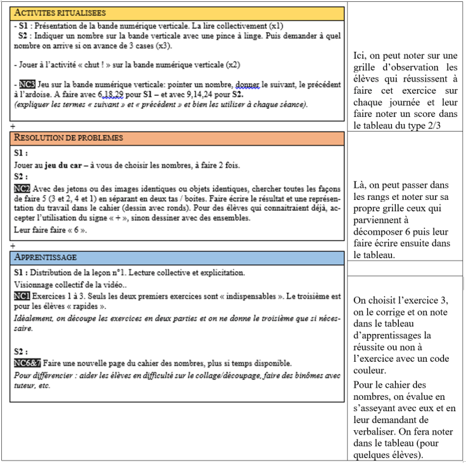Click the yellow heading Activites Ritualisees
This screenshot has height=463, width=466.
pyautogui.click(x=60, y=13)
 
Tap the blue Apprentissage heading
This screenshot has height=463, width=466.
pyautogui.click(x=46, y=257)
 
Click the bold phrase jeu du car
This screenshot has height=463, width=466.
pyautogui.click(x=65, y=165)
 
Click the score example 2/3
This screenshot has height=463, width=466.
pyautogui.click(x=429, y=125)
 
